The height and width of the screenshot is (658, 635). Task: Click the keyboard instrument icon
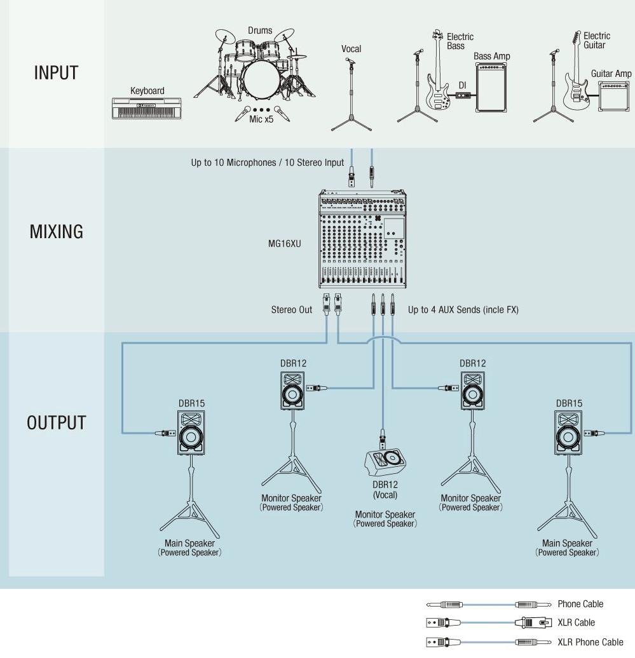[x=146, y=108]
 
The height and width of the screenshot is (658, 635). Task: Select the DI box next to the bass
[x=463, y=96]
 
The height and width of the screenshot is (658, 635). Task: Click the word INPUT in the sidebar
[x=56, y=73]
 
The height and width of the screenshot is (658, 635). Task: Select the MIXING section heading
[x=56, y=232]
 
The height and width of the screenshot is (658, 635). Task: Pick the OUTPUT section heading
[x=56, y=423]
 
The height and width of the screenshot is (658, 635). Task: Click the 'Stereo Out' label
[x=292, y=310]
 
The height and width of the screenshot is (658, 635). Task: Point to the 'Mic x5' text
[x=260, y=119]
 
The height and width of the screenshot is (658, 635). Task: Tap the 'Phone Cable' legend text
[x=580, y=604]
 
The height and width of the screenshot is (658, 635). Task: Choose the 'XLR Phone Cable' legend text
[x=590, y=642]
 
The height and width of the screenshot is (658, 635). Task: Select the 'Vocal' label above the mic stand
[x=351, y=49]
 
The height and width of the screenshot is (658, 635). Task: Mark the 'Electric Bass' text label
[x=460, y=41]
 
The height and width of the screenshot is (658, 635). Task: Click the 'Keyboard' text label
[x=147, y=91]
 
